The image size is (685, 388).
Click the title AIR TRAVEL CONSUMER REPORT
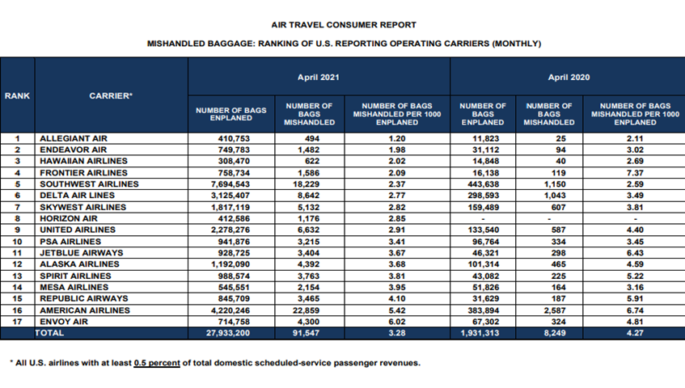pos(344,25)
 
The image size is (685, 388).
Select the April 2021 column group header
pos(319,78)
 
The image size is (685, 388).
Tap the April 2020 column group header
pos(569,78)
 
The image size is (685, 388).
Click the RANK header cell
pos(18,95)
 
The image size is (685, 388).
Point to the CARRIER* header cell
pos(111,95)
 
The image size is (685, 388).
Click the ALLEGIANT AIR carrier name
pos(74,138)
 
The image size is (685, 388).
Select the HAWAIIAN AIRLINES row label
pos(83,161)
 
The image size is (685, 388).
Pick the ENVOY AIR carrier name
pos(64,322)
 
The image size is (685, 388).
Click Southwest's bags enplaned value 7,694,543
pos(230,184)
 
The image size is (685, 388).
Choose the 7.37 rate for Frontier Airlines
pos(635,173)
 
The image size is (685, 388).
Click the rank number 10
pos(18,242)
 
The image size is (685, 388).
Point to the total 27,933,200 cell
pos(228,333)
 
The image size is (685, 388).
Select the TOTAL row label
pos(49,333)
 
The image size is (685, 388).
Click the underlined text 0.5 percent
pos(157,363)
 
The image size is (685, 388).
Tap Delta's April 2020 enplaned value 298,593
pos(483,196)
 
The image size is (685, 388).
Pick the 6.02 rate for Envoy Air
pos(397,322)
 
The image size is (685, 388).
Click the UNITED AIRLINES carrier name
pos(78,230)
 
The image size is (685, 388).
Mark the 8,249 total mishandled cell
pos(555,333)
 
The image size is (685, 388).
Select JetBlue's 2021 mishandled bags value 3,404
pos(308,253)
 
